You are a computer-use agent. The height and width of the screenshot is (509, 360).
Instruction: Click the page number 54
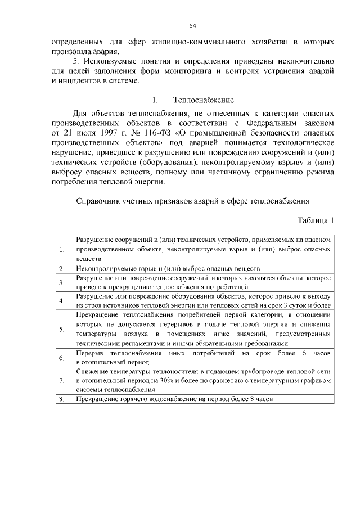pyautogui.click(x=192, y=25)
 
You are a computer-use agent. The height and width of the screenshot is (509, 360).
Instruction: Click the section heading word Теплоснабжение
pyautogui.click(x=203, y=100)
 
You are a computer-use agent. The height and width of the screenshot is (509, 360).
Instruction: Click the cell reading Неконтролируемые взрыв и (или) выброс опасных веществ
pyautogui.click(x=169, y=269)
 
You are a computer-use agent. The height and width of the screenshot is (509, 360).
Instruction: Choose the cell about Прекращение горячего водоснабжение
pyautogui.click(x=174, y=399)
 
